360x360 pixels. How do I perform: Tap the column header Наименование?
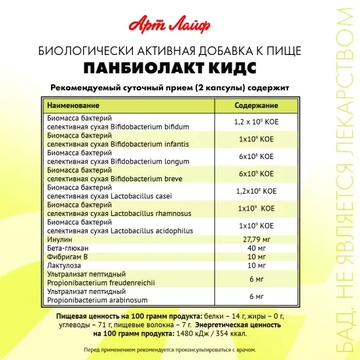[73, 105]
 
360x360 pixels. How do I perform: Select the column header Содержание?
[256, 105]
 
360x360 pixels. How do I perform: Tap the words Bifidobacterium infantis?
[149, 143]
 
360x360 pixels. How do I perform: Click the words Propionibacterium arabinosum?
[96, 300]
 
